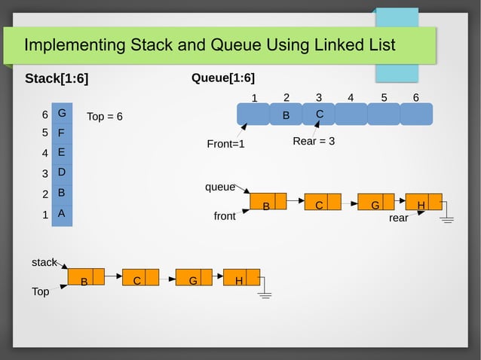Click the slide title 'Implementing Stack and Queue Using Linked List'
click(x=210, y=45)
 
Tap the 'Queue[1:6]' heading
click(x=223, y=78)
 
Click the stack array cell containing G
click(x=62, y=113)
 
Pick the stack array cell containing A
click(x=62, y=213)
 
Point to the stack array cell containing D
click(x=62, y=172)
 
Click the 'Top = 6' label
click(x=105, y=117)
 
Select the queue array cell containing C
click(x=319, y=114)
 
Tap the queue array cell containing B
click(x=286, y=114)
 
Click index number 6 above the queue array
click(x=416, y=97)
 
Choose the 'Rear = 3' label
click(x=314, y=142)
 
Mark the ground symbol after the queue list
click(x=447, y=218)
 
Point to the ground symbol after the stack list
click(x=265, y=294)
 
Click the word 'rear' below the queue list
click(x=398, y=218)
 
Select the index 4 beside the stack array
click(x=45, y=153)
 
